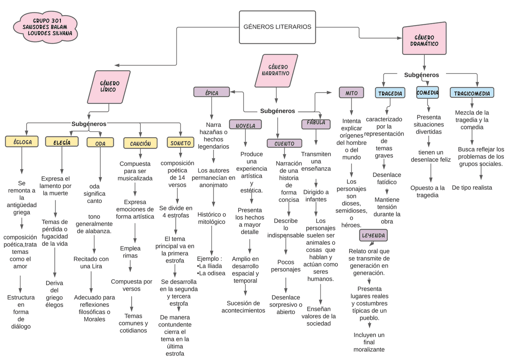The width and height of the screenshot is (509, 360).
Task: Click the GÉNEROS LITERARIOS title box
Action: (277, 27)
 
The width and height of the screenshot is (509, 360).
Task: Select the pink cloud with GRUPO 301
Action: (45, 27)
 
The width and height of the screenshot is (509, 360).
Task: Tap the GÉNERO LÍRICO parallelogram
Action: (109, 87)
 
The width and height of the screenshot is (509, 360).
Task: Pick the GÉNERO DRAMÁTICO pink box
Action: (424, 41)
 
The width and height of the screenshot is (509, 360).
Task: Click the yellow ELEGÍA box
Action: (62, 142)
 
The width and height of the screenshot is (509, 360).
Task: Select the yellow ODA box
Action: (100, 143)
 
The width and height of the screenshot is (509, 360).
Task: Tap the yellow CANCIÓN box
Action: (140, 143)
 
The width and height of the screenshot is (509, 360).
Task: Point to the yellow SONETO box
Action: (181, 142)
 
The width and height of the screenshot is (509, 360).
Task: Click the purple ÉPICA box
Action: (212, 92)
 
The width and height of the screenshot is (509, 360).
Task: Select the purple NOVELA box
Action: (245, 125)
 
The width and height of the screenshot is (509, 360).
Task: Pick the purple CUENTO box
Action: (284, 143)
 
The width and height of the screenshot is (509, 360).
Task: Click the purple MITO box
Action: (351, 93)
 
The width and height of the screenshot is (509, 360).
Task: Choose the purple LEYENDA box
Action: (373, 235)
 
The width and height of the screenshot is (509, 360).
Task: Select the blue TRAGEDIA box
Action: (390, 93)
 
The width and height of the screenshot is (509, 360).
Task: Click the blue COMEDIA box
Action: (427, 93)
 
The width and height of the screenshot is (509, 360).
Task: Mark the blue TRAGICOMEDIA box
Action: (472, 93)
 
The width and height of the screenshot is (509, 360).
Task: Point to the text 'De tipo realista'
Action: (472, 188)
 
